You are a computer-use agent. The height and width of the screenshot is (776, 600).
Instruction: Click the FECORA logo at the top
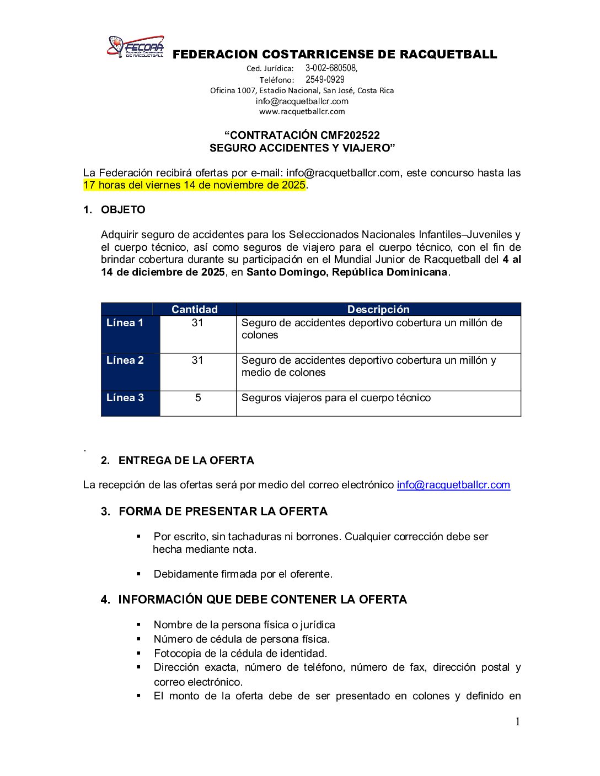pyautogui.click(x=136, y=47)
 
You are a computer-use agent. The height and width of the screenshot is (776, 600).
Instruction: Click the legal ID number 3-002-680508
pyautogui.click(x=331, y=68)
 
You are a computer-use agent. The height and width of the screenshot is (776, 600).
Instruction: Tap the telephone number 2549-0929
pyautogui.click(x=325, y=79)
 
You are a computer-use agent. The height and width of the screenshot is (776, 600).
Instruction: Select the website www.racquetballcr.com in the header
pyautogui.click(x=302, y=111)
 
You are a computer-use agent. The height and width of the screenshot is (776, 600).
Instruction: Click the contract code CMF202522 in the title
pyautogui.click(x=350, y=136)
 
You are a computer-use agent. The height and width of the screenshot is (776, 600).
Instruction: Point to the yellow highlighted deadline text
pyautogui.click(x=194, y=185)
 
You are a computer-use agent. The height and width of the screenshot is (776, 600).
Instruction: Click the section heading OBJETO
pyautogui.click(x=123, y=210)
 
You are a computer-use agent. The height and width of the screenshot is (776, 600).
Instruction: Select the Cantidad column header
pyautogui.click(x=194, y=309)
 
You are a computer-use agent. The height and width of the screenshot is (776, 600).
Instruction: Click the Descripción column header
pyautogui.click(x=378, y=309)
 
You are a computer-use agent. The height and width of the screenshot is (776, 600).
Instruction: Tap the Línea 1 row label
pyautogui.click(x=125, y=323)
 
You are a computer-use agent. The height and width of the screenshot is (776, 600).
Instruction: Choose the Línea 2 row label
pyautogui.click(x=125, y=360)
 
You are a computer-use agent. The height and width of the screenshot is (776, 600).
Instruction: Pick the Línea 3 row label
pyautogui.click(x=125, y=398)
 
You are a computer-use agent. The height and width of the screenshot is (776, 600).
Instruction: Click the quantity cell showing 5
pyautogui.click(x=197, y=398)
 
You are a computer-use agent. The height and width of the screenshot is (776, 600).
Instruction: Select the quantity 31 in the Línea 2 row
pyautogui.click(x=197, y=360)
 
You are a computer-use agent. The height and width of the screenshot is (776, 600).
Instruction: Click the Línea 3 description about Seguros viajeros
pyautogui.click(x=336, y=398)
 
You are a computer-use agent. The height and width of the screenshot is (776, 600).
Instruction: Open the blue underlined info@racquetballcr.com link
pyautogui.click(x=453, y=485)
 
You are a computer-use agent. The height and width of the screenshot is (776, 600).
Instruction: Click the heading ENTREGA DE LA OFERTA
pyautogui.click(x=186, y=461)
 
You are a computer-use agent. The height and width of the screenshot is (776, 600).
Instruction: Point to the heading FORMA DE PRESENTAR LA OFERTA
pyautogui.click(x=223, y=511)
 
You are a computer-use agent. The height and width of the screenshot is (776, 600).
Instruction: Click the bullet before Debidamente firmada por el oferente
pyautogui.click(x=139, y=574)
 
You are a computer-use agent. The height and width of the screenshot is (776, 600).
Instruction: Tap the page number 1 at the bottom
pyautogui.click(x=517, y=722)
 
